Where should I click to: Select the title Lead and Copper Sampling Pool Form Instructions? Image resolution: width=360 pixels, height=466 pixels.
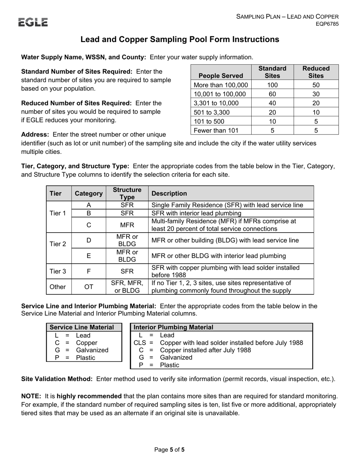coord(180,39)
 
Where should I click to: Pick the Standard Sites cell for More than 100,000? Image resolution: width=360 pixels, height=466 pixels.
coord(272,85)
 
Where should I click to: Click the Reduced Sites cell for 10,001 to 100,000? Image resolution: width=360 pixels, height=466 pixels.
coord(316,94)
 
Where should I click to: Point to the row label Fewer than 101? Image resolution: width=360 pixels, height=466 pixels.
coord(215,130)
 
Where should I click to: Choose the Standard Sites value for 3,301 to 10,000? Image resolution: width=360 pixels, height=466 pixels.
coord(272,103)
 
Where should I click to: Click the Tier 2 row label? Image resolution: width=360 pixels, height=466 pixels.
coord(58,244)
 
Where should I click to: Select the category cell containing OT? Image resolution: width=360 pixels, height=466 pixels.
coord(88,287)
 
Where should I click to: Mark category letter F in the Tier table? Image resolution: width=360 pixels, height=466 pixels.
coord(88,271)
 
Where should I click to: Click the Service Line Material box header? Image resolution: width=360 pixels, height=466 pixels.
coord(82,327)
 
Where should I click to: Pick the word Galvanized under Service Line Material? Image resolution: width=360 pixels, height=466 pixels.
coord(92,350)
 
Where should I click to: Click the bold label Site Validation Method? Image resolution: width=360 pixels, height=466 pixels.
coord(57,379)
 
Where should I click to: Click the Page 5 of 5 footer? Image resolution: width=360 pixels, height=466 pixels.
coord(169,450)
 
